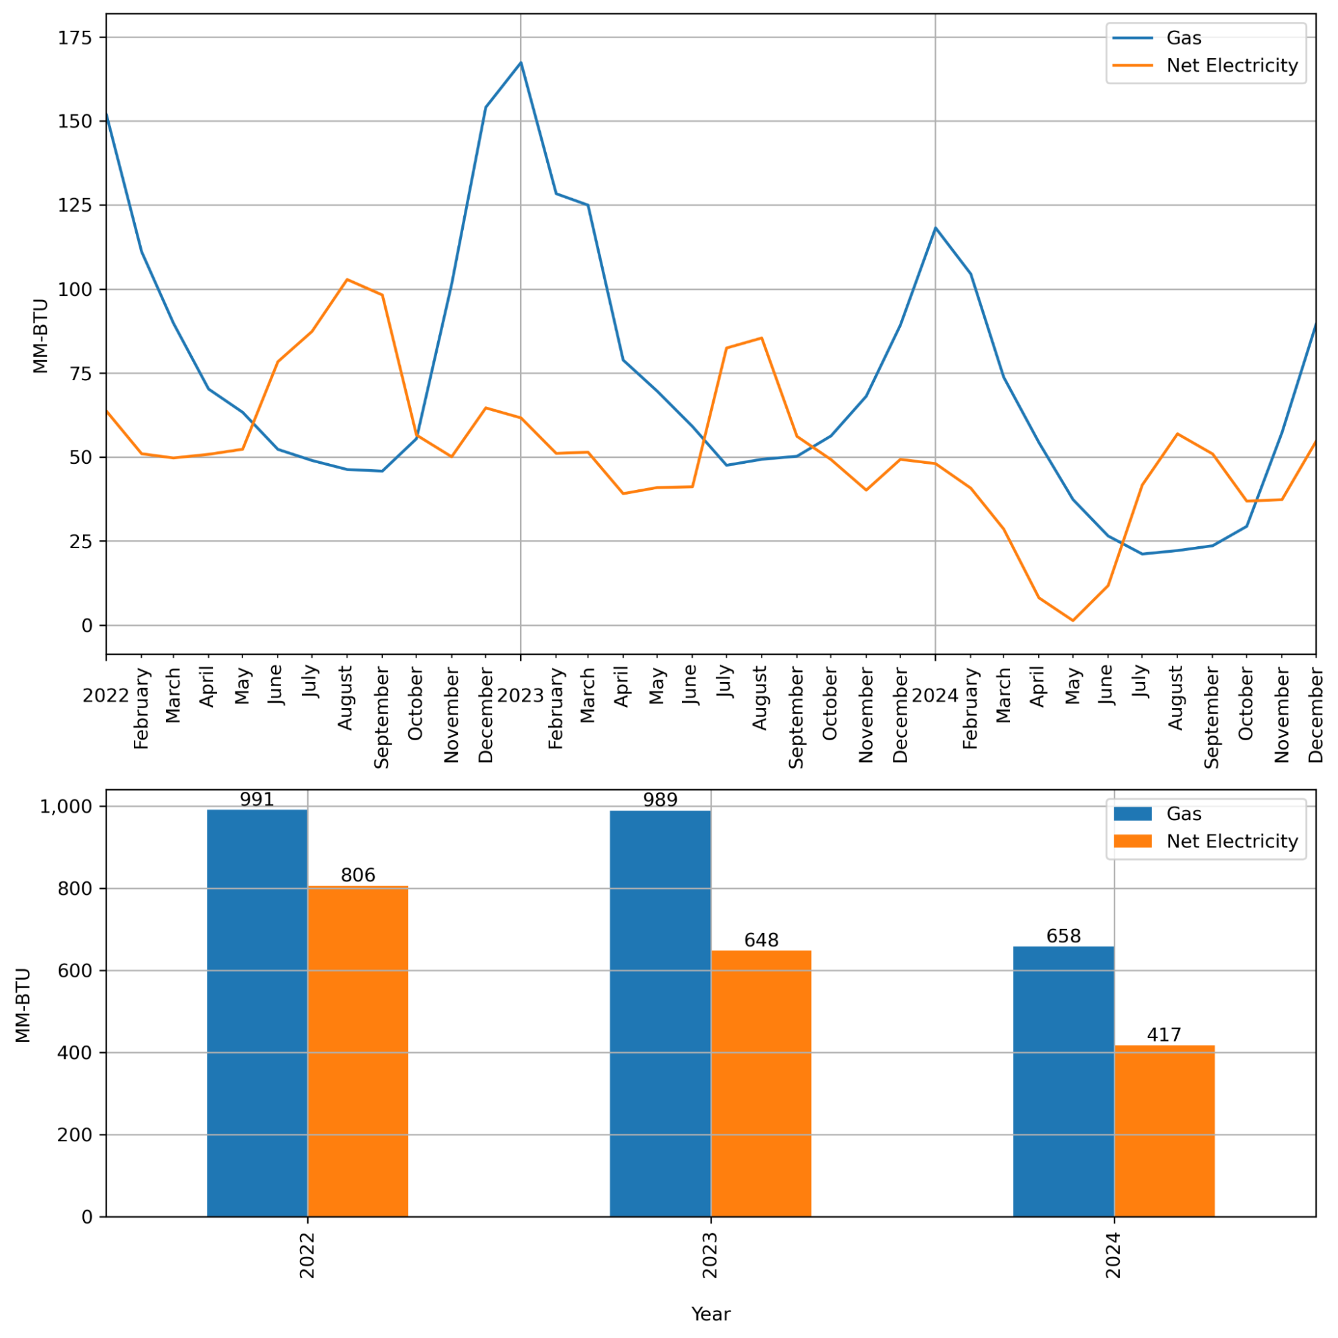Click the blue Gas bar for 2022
(257, 1011)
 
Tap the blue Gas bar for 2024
(1064, 1080)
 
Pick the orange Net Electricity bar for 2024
(1164, 1130)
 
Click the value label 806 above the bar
(358, 875)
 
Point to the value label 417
(1164, 1035)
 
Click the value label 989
(660, 800)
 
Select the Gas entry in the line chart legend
(1183, 38)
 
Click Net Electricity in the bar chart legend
(1232, 841)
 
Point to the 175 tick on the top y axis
(75, 38)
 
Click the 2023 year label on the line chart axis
(520, 696)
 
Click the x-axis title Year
(711, 1315)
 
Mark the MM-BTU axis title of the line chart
(40, 336)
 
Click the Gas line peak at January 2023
(521, 62)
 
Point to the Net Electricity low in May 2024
(1073, 620)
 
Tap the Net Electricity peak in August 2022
(347, 279)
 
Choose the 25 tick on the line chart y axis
(80, 541)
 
